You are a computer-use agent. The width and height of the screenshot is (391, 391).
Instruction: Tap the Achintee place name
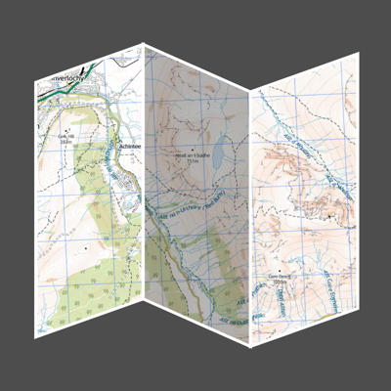[x=131, y=146]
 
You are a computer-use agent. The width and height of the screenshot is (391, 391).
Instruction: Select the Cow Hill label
[x=66, y=136]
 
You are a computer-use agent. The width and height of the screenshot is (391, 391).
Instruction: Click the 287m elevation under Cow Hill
[x=66, y=142]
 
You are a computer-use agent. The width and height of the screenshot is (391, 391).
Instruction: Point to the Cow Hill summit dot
[x=66, y=129]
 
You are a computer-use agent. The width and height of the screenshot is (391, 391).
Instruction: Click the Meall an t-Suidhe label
[x=192, y=154]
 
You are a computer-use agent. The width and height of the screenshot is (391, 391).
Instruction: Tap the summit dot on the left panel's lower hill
[x=87, y=248]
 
